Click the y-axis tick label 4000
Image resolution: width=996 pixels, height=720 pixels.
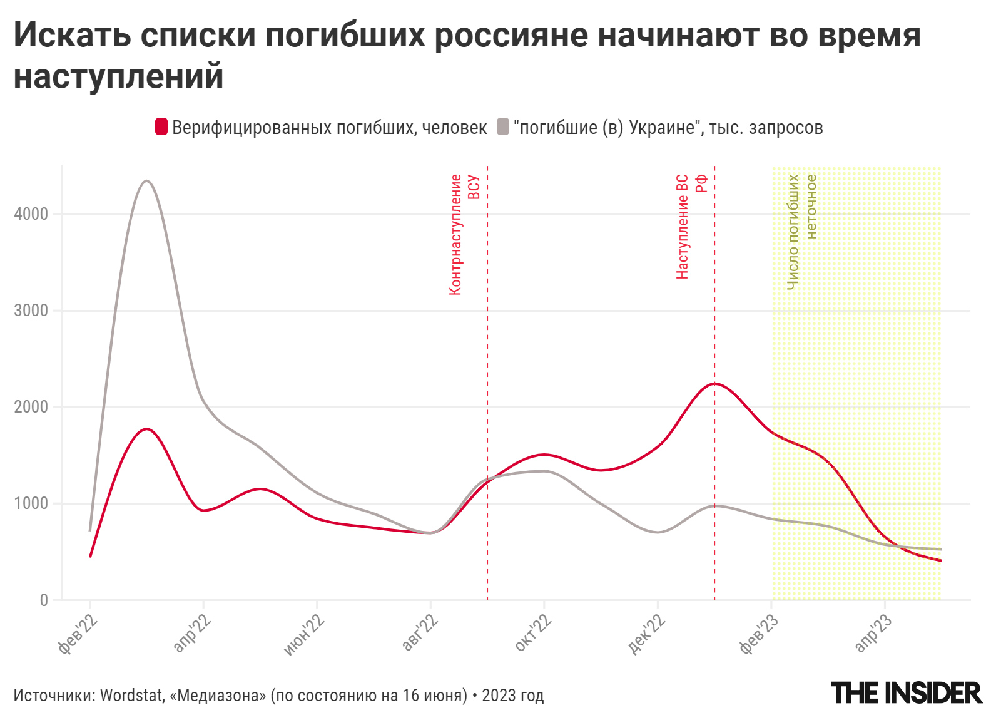coord(31,214)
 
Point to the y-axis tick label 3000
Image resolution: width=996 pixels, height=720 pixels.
coord(31,311)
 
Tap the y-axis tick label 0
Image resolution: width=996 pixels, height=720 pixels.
coord(43,600)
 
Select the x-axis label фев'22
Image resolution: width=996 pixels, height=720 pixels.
coord(78,634)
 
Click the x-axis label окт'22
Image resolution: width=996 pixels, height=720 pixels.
coord(533,634)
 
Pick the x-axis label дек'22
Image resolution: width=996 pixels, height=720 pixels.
coord(646,634)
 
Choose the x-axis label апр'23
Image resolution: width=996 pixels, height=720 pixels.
coord(873,634)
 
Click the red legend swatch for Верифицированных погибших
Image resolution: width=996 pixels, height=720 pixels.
coord(161,127)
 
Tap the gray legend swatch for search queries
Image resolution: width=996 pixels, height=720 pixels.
coord(503,127)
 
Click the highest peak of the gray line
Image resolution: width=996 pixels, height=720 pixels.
coord(146,181)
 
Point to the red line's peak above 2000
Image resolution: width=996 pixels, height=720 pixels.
coord(714,383)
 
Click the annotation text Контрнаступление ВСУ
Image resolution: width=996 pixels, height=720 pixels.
coord(464,235)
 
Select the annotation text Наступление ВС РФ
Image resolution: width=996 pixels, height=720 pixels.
coord(691,227)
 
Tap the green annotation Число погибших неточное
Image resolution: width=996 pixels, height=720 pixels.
coord(801,232)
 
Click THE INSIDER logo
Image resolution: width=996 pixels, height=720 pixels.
coord(906,693)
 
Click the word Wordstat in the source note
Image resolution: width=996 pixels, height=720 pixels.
coord(131,696)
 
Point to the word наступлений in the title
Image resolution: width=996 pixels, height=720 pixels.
coord(119,76)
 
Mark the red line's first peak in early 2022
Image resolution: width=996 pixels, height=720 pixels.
coord(146,429)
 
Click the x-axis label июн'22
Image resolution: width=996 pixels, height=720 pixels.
coord(305,634)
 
